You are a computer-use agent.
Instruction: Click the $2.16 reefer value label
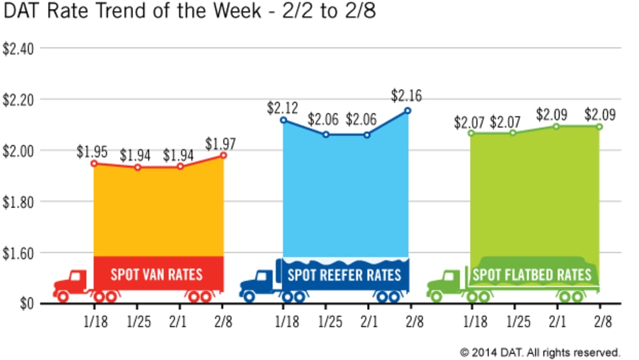tap(406, 95)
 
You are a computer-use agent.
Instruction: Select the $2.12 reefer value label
tap(282, 107)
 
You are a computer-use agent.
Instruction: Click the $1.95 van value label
tap(92, 151)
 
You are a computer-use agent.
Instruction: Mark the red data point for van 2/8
tap(223, 155)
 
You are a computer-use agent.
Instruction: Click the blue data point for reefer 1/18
tap(284, 120)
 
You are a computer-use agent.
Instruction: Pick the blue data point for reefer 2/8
tap(408, 110)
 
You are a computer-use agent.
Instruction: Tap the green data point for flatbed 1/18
tap(470, 133)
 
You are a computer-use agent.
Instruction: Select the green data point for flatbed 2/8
tap(599, 127)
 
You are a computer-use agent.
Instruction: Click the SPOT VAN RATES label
tap(156, 273)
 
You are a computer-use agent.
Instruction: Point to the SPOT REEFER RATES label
tap(344, 273)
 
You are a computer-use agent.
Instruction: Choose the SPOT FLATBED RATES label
tap(532, 275)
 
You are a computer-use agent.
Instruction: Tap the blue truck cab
tap(258, 282)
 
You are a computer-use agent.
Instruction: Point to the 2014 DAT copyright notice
tap(540, 352)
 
